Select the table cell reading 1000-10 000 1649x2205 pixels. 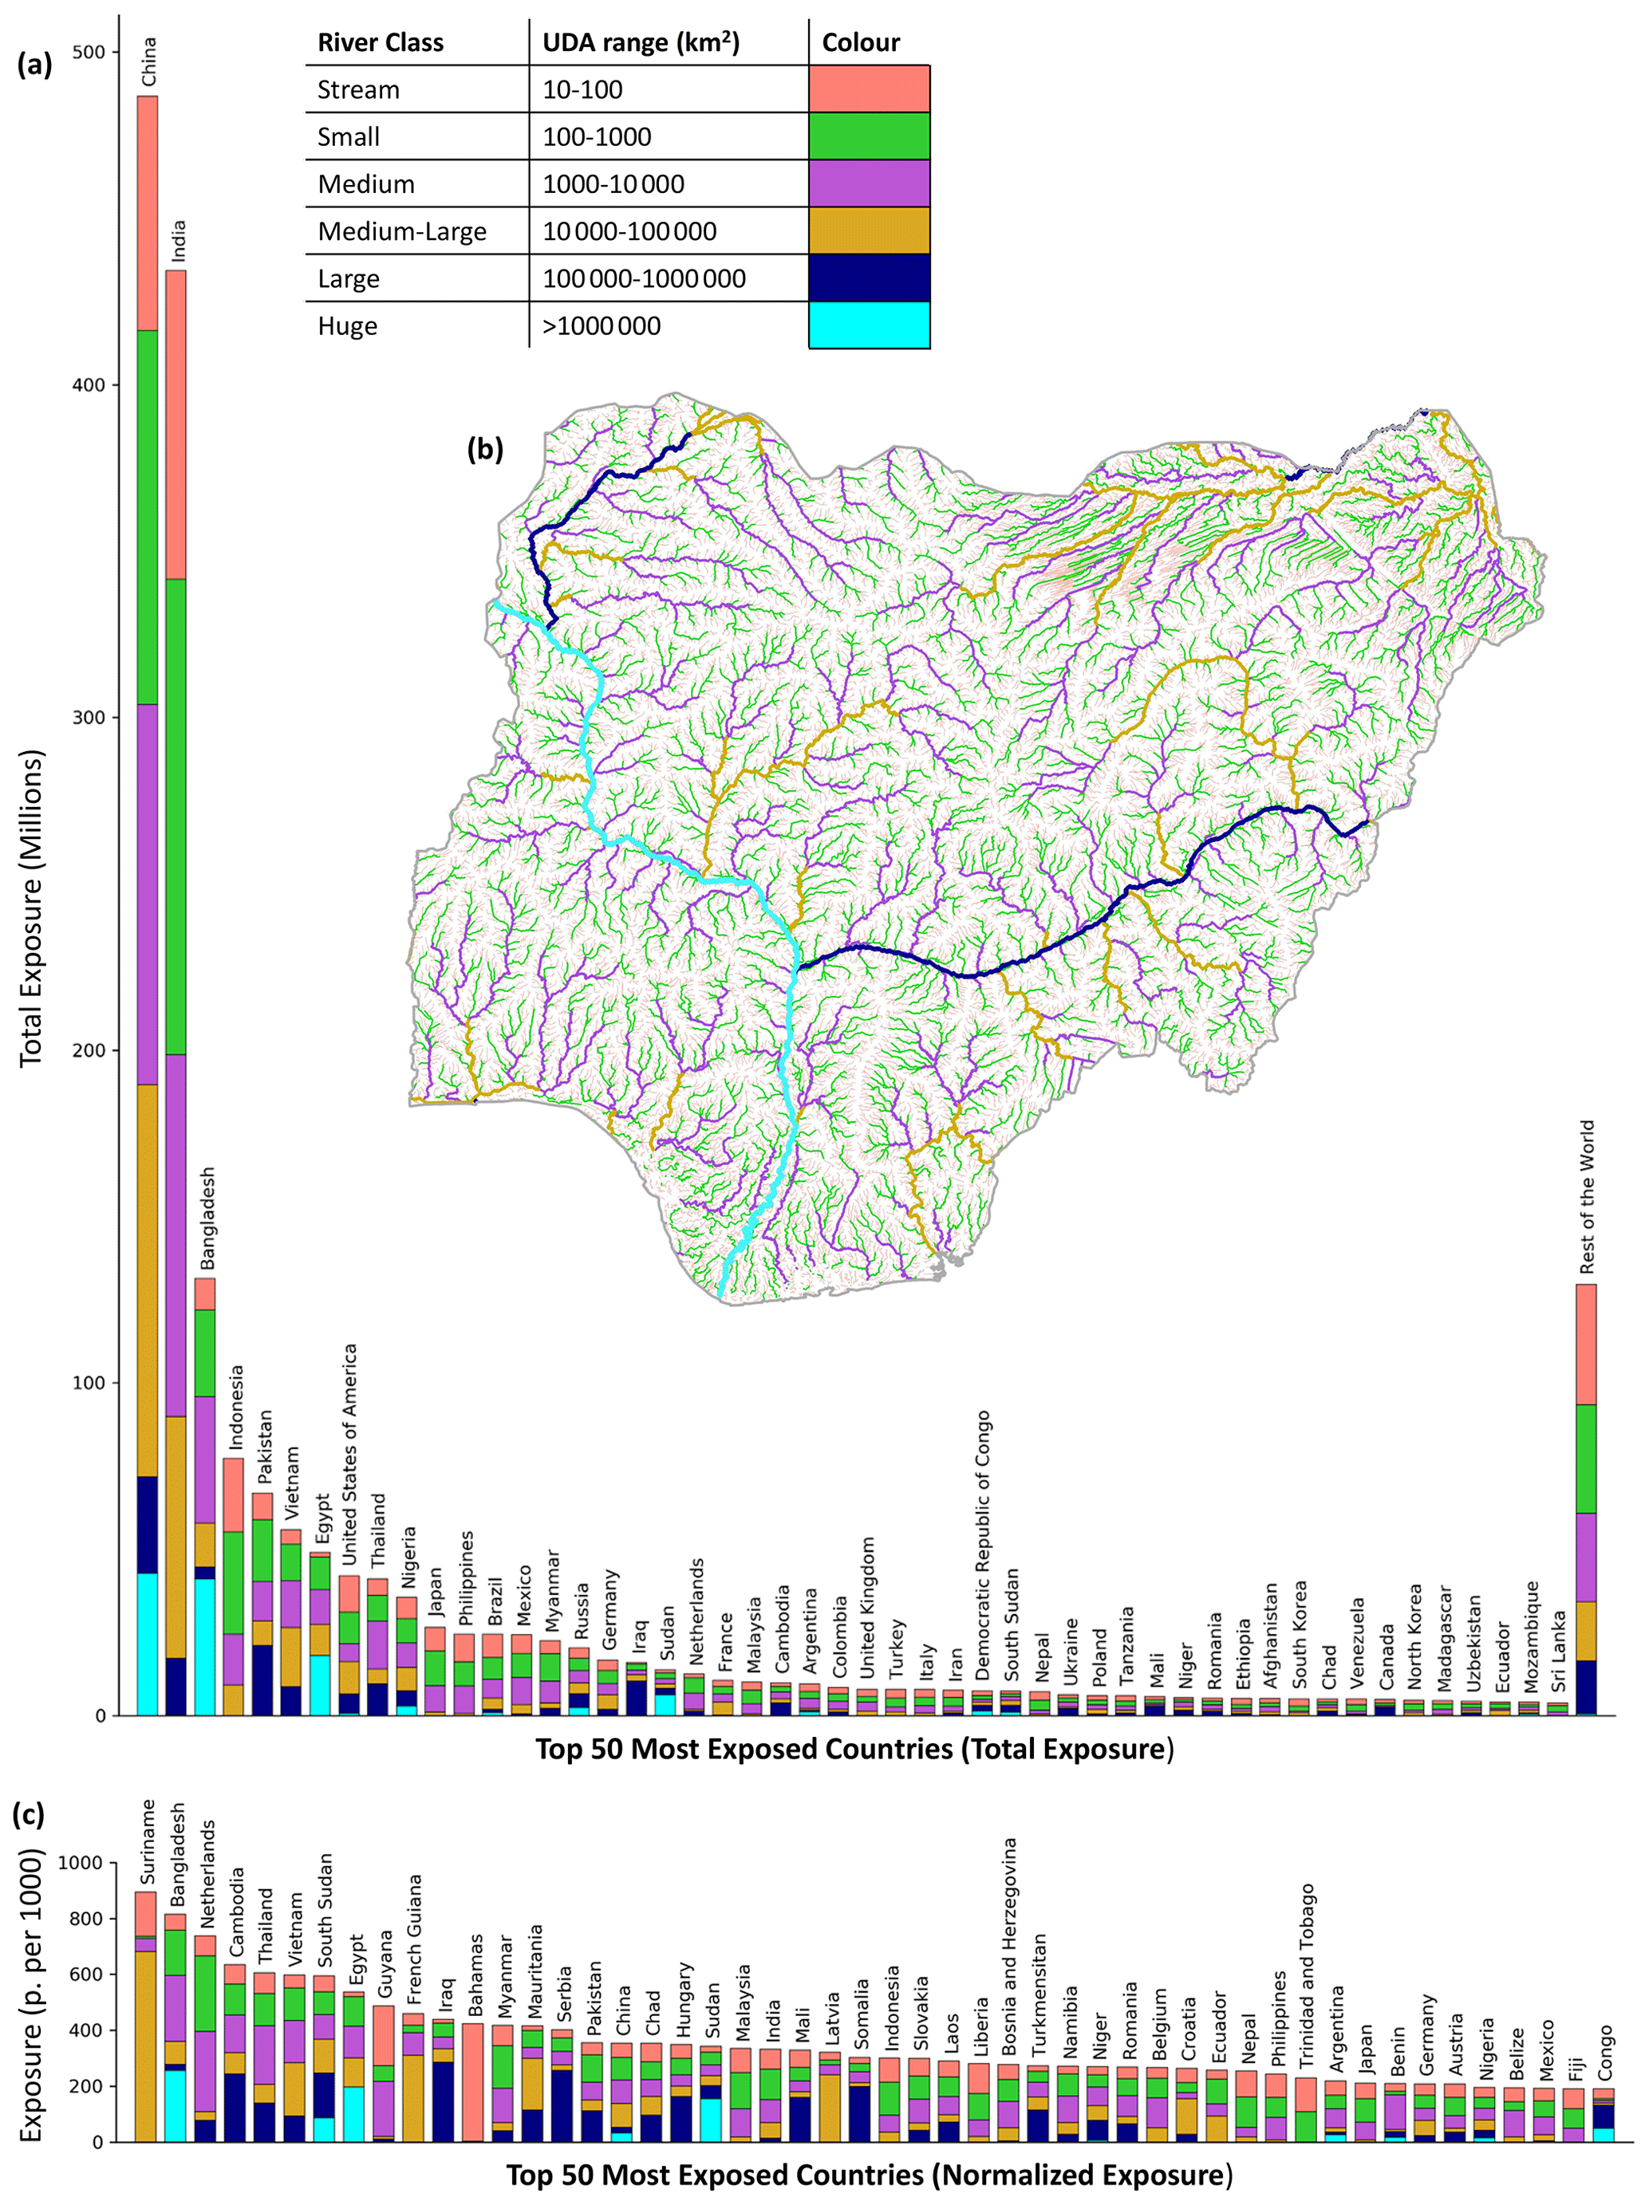[x=613, y=184]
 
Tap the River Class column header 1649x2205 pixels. [x=380, y=43]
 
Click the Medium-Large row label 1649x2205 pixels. [x=402, y=231]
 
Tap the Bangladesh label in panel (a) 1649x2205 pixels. [x=207, y=1219]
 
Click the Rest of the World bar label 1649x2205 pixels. [x=1586, y=1197]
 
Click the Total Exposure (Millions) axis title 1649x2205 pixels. [x=31, y=908]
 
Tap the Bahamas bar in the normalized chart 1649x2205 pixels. [x=472, y=2080]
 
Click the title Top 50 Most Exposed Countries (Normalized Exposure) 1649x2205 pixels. [x=868, y=2173]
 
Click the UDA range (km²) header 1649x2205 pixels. [x=640, y=43]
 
